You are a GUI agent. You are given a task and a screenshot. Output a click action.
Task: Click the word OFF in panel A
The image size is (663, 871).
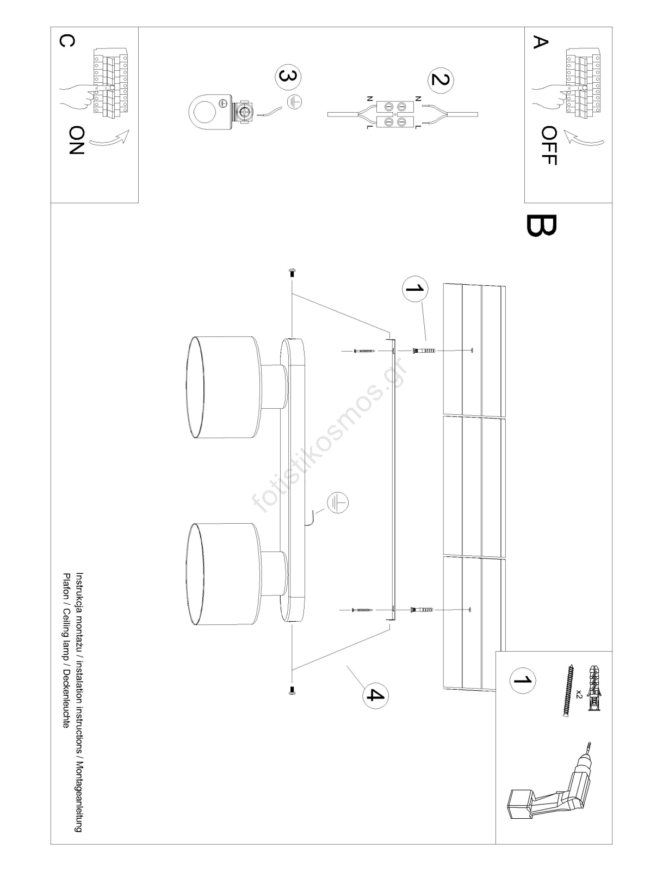click(549, 145)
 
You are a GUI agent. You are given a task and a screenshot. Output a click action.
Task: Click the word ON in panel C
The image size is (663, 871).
click(76, 140)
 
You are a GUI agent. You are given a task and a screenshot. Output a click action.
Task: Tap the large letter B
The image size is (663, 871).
click(541, 225)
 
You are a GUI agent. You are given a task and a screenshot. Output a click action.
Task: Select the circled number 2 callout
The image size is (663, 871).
click(441, 79)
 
